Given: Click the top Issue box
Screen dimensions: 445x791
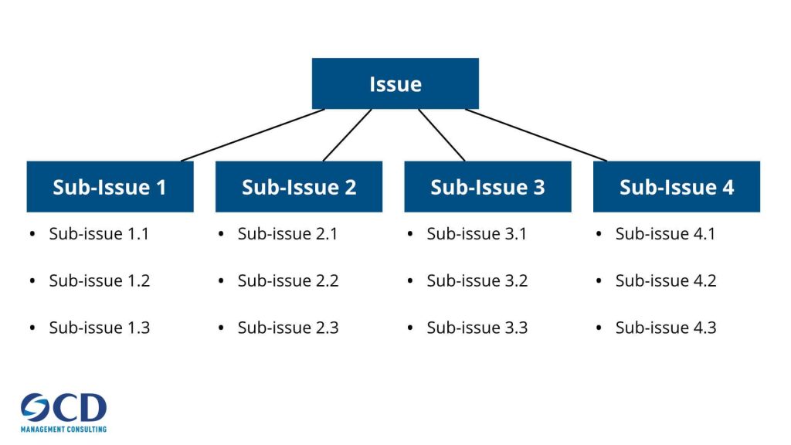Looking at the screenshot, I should [395, 83].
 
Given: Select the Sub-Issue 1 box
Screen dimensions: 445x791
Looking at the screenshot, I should [110, 186].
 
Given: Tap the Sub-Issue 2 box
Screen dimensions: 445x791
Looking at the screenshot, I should [299, 186].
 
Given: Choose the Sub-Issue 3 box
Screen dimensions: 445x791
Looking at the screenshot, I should [487, 186].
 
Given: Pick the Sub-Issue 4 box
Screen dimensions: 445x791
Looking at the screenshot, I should [676, 186].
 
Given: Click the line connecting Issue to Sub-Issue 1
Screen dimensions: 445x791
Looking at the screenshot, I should [253, 135].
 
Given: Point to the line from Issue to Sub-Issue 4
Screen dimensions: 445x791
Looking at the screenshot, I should [536, 135].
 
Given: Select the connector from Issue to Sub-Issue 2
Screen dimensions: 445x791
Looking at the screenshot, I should [347, 135].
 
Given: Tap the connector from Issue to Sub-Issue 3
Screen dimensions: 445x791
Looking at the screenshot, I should [442, 135].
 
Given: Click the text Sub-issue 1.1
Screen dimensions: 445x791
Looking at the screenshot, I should [99, 233].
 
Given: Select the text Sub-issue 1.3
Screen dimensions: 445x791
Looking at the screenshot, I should [99, 328].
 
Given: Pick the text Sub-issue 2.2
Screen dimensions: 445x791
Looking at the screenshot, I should [288, 280].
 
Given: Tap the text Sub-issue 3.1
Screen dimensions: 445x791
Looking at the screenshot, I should [477, 233].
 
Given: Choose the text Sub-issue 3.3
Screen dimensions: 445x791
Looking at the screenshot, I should [477, 328].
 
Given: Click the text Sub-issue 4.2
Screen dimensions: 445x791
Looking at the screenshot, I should [666, 280].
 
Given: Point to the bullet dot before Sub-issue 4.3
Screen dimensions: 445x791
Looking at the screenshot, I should [599, 328].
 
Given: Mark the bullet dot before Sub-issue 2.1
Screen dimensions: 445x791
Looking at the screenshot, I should [221, 234].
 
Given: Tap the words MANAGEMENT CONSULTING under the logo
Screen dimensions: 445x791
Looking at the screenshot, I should [63, 429].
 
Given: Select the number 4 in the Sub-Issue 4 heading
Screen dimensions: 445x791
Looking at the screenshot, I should [728, 187].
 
